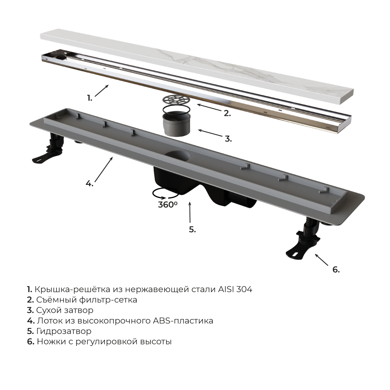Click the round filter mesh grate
[176, 100]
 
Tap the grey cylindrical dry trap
[176, 124]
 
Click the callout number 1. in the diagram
[90, 98]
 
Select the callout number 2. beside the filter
[227, 113]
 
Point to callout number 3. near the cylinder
[228, 139]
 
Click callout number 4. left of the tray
[89, 184]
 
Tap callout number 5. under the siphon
[192, 229]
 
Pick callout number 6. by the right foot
[336, 269]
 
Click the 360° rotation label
[168, 204]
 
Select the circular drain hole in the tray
[177, 156]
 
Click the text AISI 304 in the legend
[235, 289]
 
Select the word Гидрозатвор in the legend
[64, 331]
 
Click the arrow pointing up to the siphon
[190, 212]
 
